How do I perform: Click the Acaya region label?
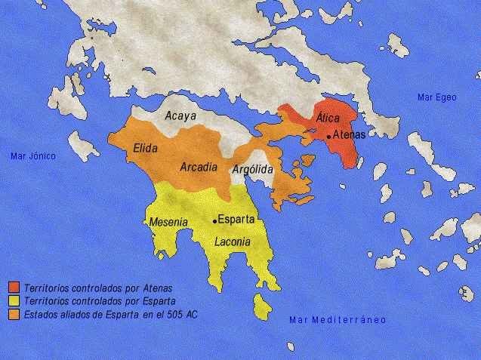(180, 116)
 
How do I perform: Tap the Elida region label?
(144, 149)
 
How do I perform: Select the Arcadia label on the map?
(199, 166)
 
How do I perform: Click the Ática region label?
(327, 118)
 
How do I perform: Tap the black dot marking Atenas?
(328, 137)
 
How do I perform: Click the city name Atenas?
(349, 135)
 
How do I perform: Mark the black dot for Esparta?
(215, 221)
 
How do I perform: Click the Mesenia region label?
(168, 223)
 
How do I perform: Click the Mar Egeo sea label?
(436, 97)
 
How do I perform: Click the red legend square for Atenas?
(14, 288)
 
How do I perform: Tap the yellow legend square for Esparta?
(14, 300)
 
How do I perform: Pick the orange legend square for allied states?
(14, 313)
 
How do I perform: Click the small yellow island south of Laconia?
(263, 306)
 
